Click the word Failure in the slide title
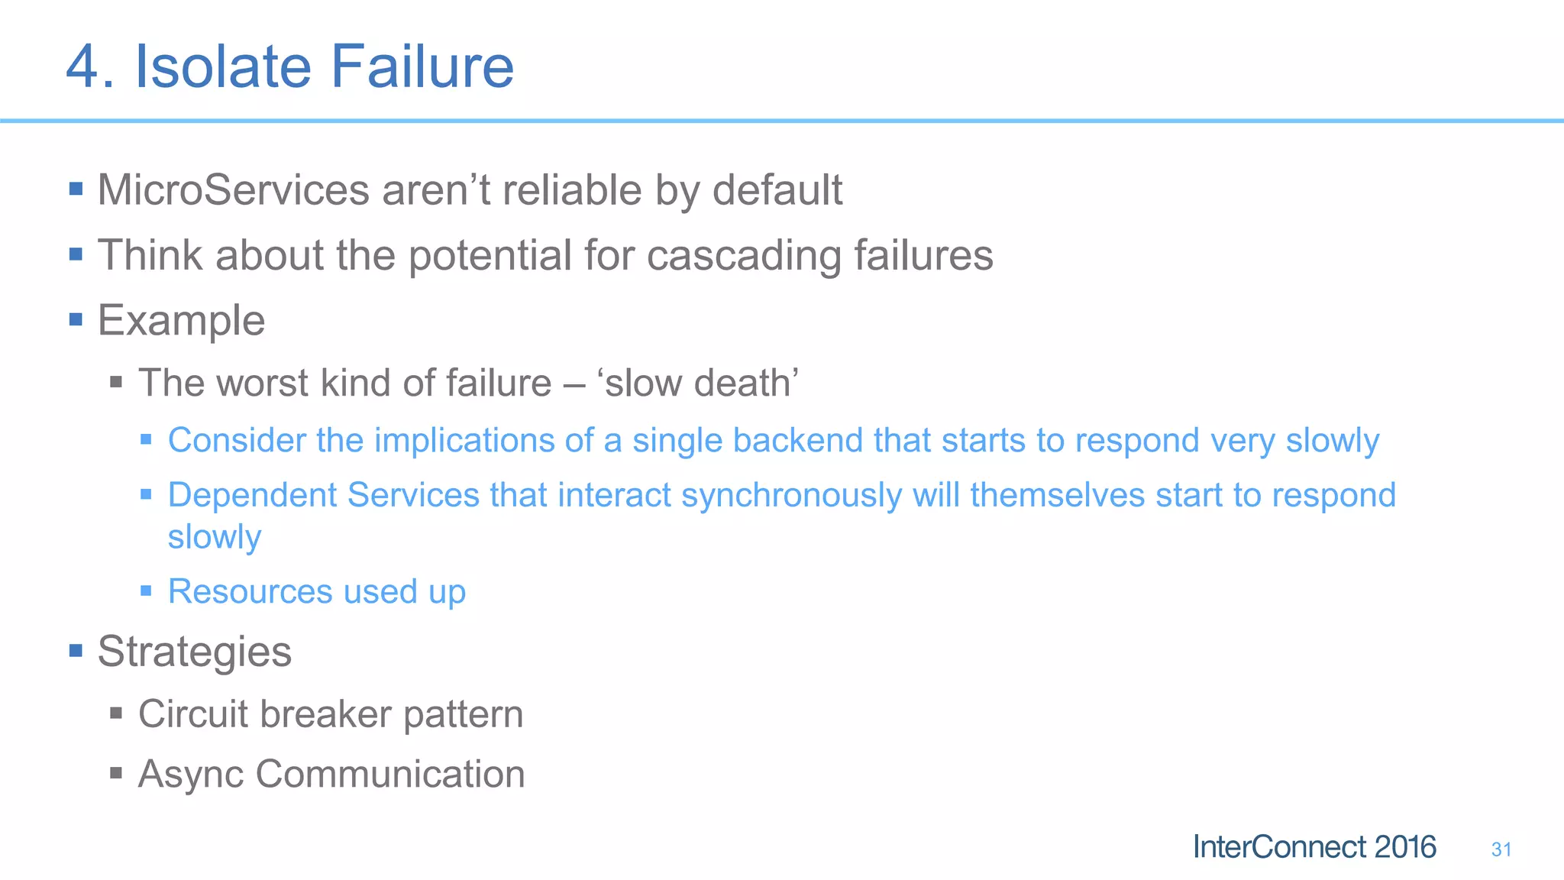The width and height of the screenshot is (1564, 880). click(422, 66)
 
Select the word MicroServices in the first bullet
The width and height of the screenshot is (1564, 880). click(233, 190)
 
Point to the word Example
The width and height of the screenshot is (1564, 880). click(181, 320)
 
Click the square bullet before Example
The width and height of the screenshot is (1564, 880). click(76, 319)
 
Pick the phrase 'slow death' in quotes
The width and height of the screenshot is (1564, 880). click(701, 383)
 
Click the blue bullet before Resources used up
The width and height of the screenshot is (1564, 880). click(146, 590)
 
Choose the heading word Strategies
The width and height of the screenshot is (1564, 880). click(194, 652)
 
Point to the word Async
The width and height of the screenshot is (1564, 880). click(191, 775)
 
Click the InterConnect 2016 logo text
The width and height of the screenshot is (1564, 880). click(1314, 847)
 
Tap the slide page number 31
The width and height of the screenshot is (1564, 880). click(1501, 849)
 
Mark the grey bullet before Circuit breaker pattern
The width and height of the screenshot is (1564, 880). click(116, 713)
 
